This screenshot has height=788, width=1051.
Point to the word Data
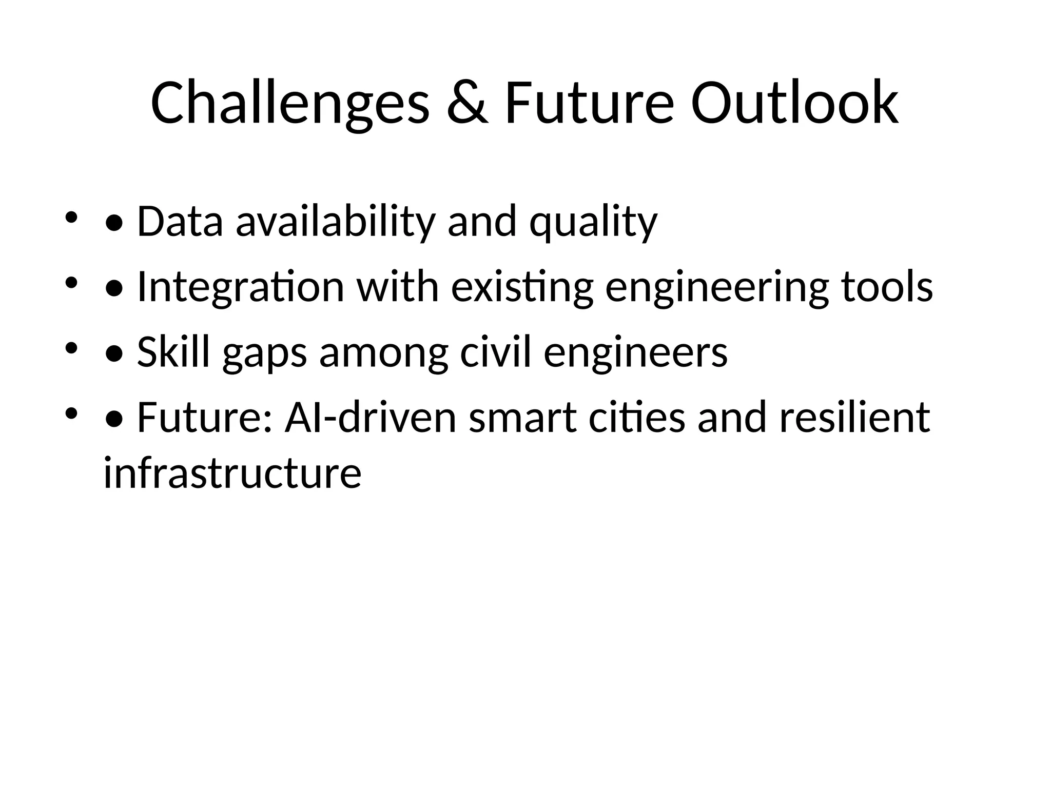[x=180, y=222]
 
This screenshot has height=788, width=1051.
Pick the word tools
[x=887, y=287]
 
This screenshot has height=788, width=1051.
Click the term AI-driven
[x=371, y=418]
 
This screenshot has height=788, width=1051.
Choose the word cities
[x=636, y=418]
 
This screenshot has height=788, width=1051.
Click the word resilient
[x=854, y=418]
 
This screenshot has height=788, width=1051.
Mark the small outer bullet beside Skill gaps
[x=71, y=347]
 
